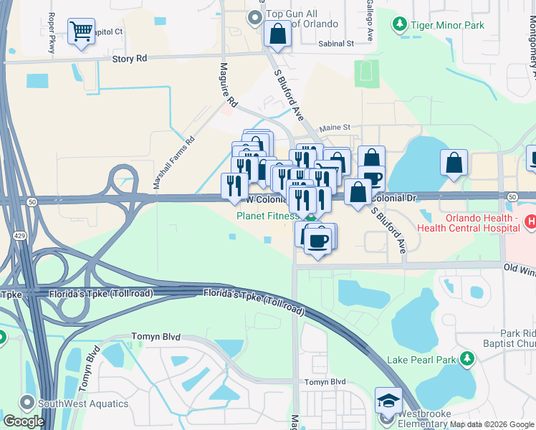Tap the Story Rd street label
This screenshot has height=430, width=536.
129,59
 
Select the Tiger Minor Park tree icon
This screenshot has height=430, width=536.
399,25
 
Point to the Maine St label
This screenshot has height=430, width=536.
334,127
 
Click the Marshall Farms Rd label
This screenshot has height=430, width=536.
173,163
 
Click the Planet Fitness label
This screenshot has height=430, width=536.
267,215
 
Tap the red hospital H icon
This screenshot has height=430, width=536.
531,223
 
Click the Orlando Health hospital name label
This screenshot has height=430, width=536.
482,223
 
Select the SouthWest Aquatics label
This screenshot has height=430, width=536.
85,403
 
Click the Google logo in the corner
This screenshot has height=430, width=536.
24,421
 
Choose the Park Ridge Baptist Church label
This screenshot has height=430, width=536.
517,339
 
